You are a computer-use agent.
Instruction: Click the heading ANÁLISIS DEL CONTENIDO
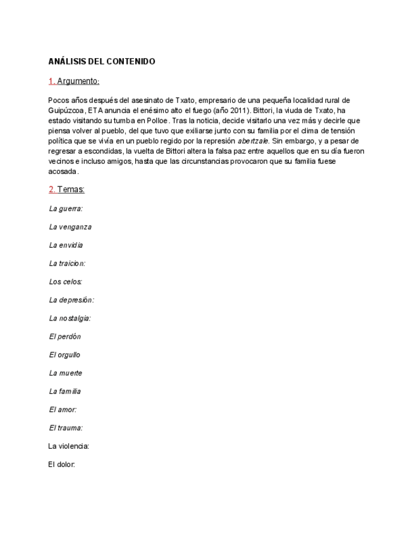click(101, 61)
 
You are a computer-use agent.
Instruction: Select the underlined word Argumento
click(78, 81)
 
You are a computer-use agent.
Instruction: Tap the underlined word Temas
click(71, 190)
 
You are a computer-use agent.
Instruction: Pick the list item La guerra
click(66, 208)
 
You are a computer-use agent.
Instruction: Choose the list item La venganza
click(70, 226)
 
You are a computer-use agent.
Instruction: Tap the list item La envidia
click(66, 245)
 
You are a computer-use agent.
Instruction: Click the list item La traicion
click(66, 263)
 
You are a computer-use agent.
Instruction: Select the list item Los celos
click(65, 281)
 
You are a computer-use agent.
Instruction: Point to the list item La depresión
click(71, 300)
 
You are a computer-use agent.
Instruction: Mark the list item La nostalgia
click(70, 318)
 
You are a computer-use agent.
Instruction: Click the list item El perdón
click(64, 336)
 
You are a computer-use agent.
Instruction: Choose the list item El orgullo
click(64, 355)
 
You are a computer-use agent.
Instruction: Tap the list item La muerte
click(65, 373)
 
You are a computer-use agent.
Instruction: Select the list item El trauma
click(66, 428)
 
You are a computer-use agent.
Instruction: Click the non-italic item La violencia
click(68, 446)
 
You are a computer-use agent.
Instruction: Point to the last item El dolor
click(61, 465)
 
